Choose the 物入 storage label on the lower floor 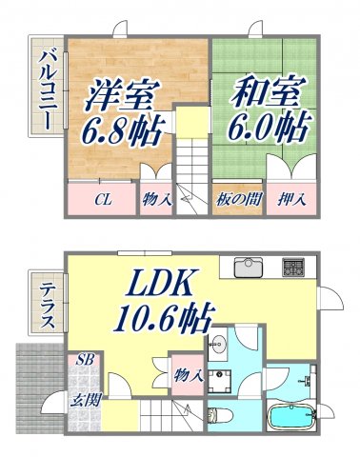coord(188,375)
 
